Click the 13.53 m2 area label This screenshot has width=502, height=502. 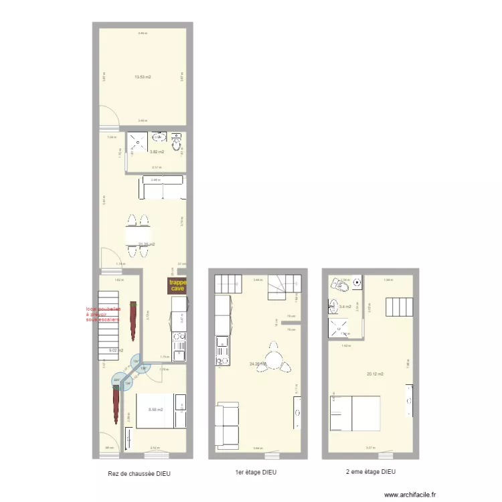click(142, 77)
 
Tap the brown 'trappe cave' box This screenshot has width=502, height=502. click(178, 286)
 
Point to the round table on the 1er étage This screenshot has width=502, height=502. click(272, 355)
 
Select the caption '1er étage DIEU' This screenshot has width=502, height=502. click(256, 473)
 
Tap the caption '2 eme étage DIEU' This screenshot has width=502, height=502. click(370, 472)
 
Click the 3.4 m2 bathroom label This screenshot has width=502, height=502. click(345, 307)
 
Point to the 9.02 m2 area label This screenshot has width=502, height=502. click(116, 350)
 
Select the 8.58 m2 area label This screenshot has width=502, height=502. click(155, 409)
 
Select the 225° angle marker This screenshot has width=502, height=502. click(117, 381)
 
